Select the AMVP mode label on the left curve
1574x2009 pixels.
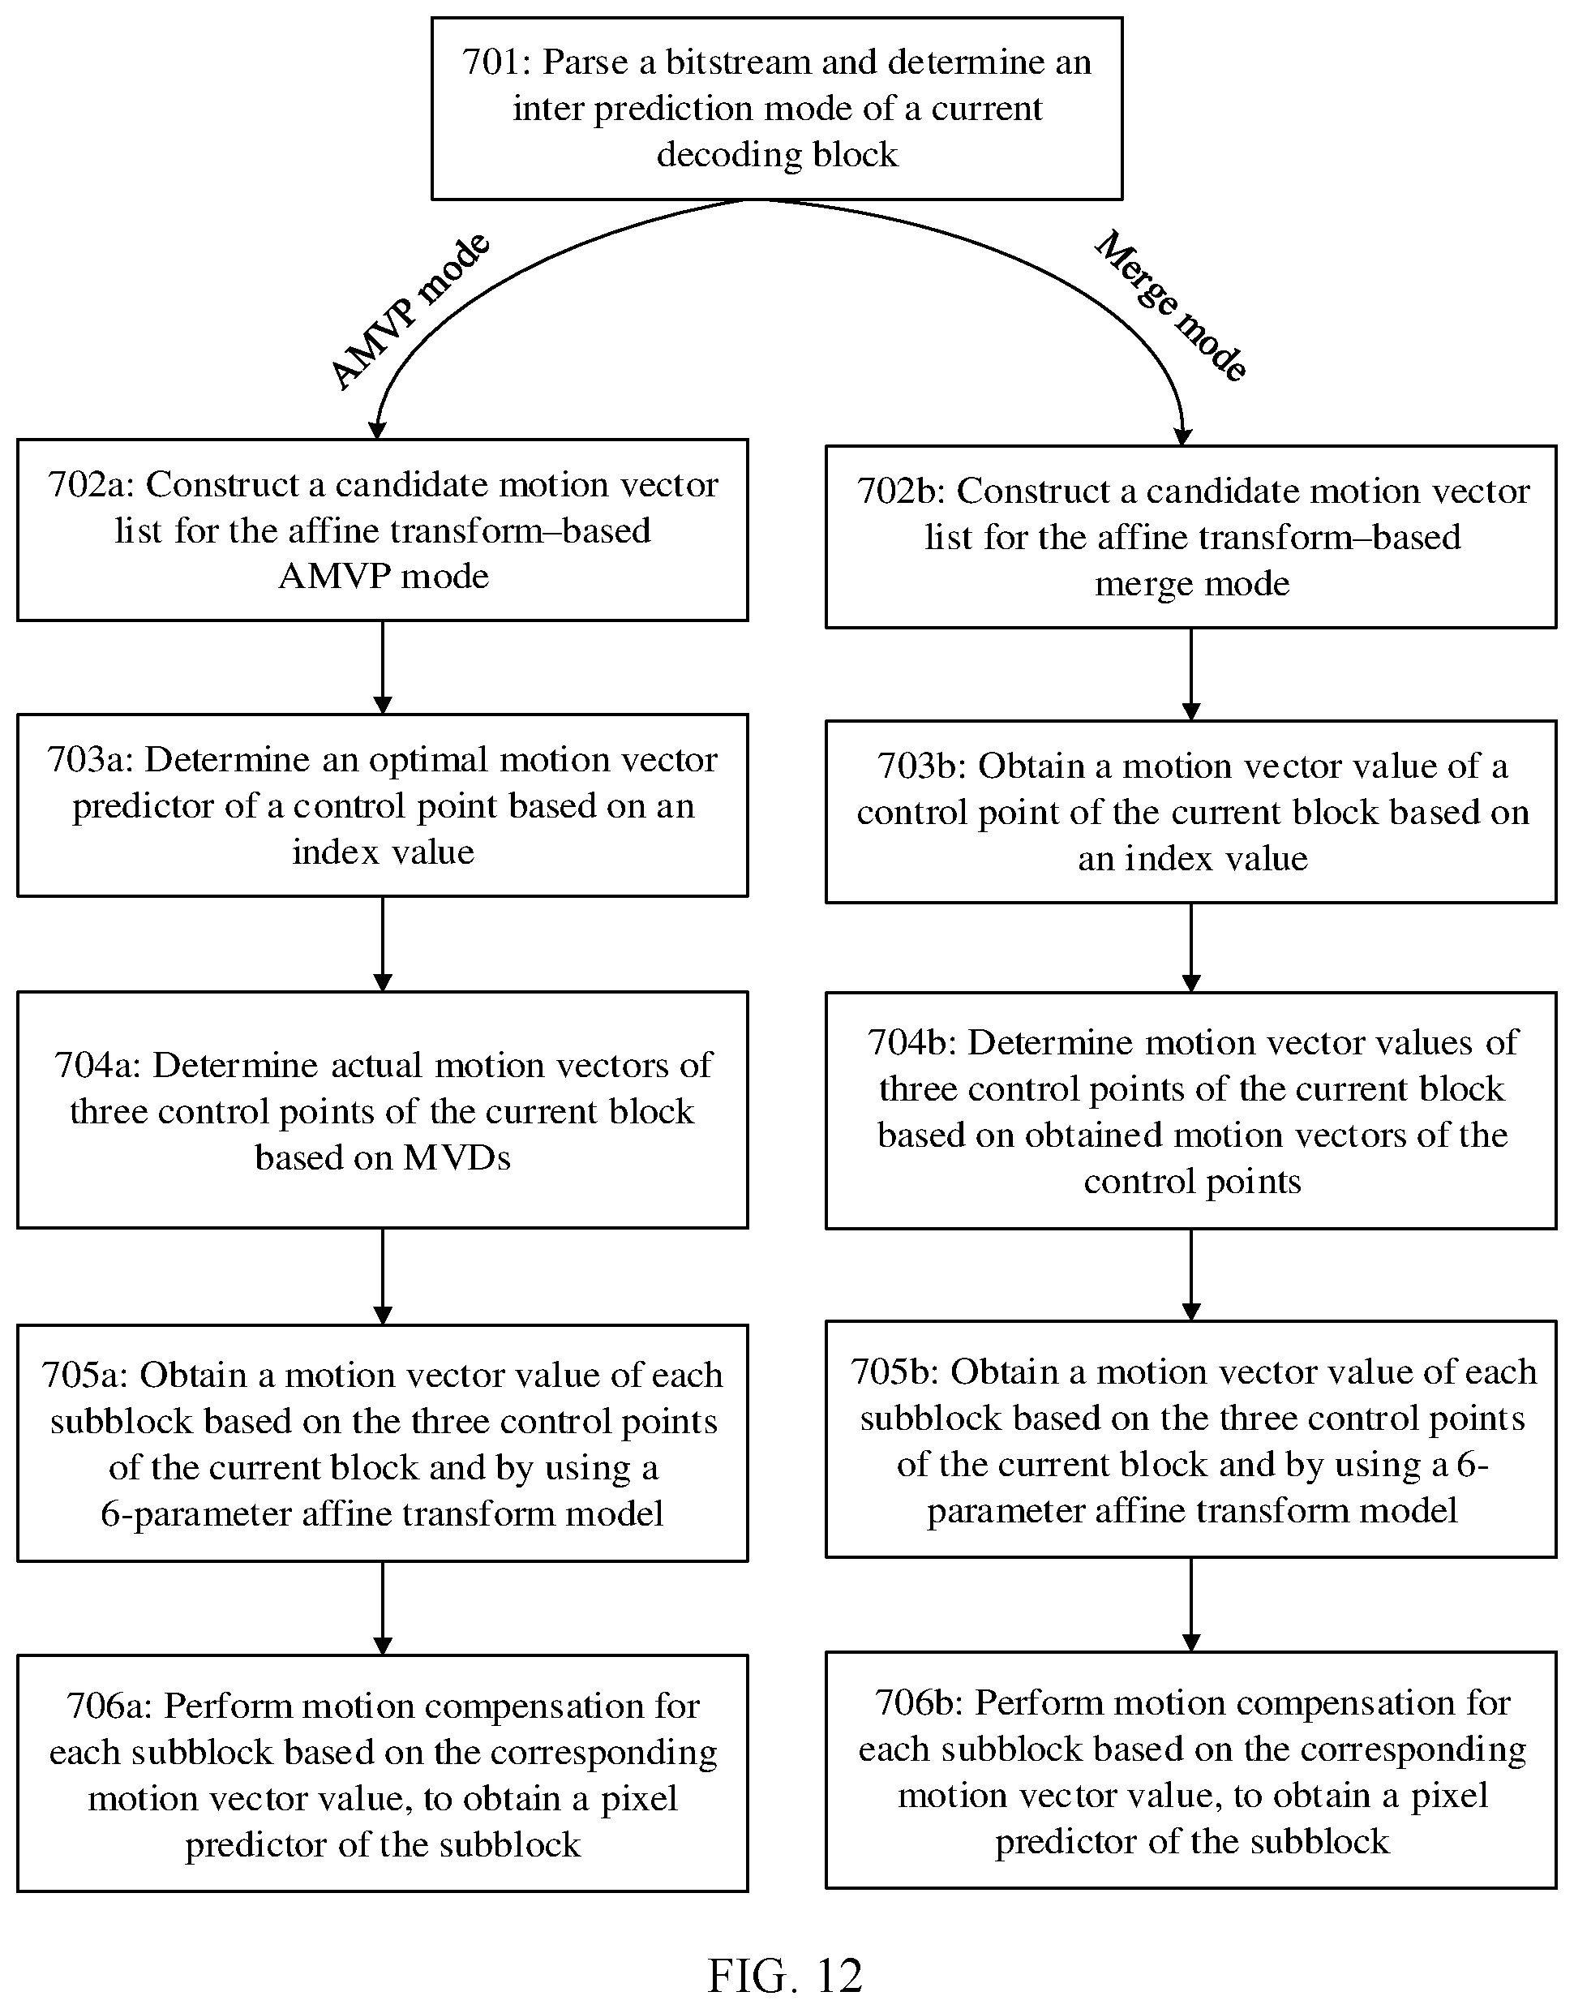410,311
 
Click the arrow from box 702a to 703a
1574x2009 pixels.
383,668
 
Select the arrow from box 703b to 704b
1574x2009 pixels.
1190,947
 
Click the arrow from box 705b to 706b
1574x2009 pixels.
1190,1605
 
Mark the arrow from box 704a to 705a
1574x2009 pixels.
383,1277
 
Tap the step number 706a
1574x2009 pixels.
109,1706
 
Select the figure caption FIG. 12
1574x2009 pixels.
785,1976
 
